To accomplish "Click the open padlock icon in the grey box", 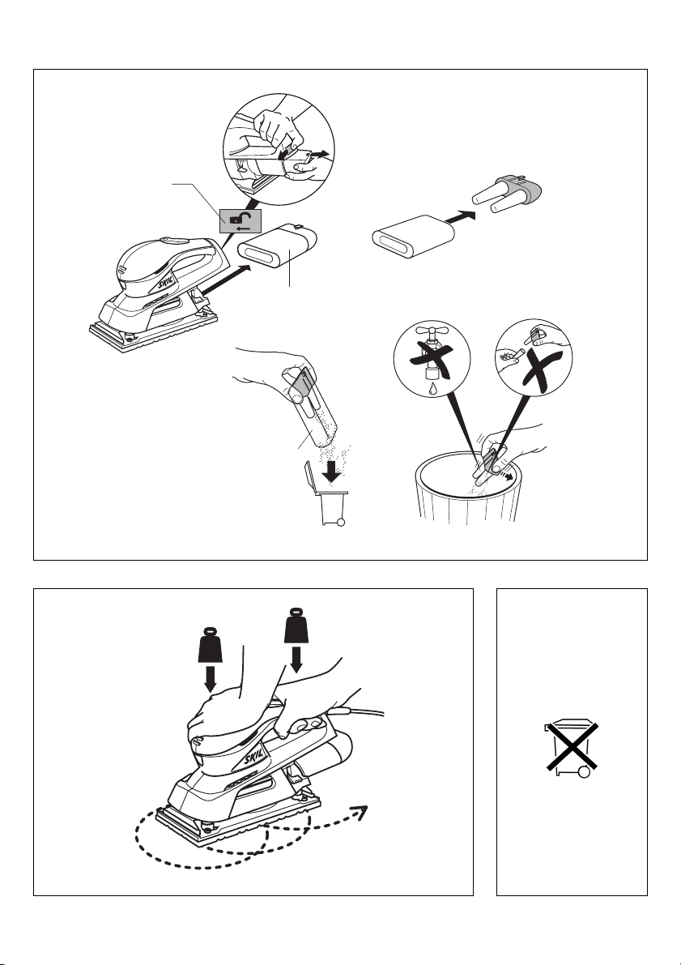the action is (235, 219).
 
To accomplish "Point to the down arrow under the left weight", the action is (210, 680).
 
